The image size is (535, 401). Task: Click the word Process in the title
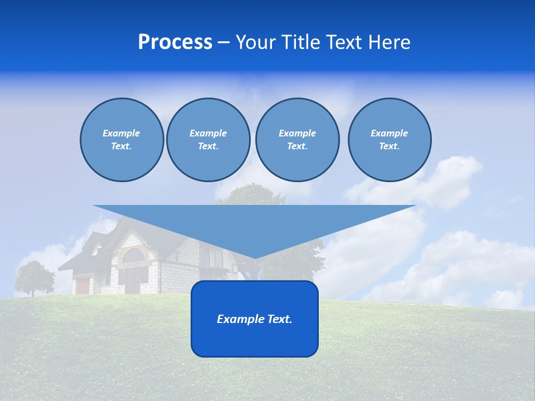pos(175,42)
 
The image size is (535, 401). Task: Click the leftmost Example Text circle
pos(121,140)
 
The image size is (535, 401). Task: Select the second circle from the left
pos(208,140)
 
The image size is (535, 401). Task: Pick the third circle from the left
pos(297,140)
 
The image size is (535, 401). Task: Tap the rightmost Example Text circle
pos(389,140)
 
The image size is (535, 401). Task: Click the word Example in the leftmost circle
pos(121,133)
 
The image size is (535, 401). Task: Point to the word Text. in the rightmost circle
pos(389,146)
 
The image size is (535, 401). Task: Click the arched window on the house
pos(133,257)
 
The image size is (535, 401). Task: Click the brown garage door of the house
pos(83,286)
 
